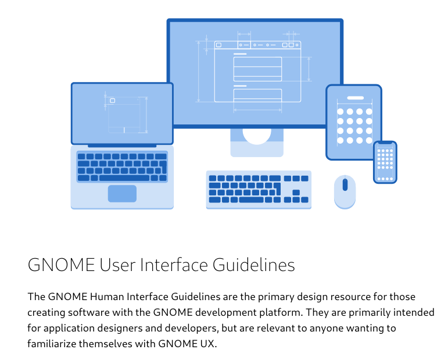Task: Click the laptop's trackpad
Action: [x=122, y=194]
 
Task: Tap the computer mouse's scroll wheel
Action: [x=345, y=185]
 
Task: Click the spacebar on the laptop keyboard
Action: [x=124, y=178]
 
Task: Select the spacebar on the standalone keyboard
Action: [x=251, y=199]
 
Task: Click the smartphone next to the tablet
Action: [x=385, y=162]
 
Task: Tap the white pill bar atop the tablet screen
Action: [x=355, y=98]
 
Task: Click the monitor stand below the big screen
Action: [x=257, y=142]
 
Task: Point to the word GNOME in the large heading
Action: [x=61, y=265]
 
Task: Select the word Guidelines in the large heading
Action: [x=254, y=265]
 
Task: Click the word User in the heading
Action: [x=117, y=265]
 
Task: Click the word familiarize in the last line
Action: [x=52, y=343]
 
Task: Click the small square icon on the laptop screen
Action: [x=113, y=101]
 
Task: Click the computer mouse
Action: [x=345, y=192]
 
